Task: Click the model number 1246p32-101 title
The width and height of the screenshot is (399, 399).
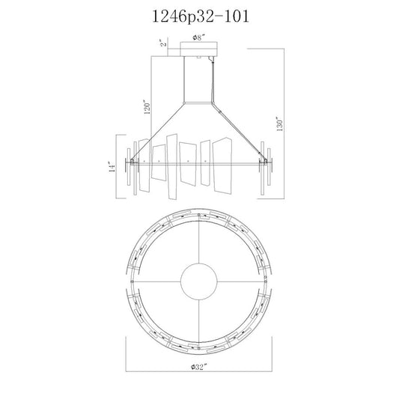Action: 201,16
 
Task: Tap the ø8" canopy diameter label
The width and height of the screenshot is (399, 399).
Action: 198,38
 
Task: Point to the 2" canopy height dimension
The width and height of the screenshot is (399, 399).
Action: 164,43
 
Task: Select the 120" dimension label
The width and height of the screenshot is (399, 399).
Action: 147,106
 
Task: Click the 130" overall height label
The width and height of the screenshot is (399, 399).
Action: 280,124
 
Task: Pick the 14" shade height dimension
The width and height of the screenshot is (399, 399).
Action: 112,167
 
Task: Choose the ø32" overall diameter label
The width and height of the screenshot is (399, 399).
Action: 198,368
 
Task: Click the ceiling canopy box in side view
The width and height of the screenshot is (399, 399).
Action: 198,49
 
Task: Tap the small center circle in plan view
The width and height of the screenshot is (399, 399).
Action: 198,281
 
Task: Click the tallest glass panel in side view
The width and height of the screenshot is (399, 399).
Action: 172,167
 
